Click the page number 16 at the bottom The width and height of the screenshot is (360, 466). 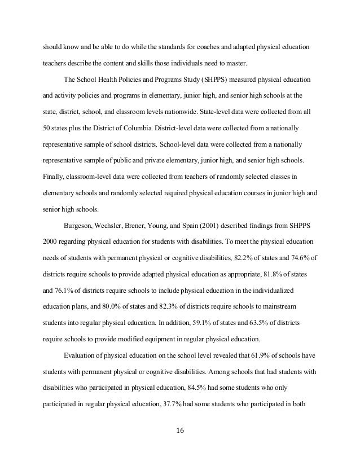(x=180, y=433)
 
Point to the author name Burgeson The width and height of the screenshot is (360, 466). (x=81, y=226)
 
